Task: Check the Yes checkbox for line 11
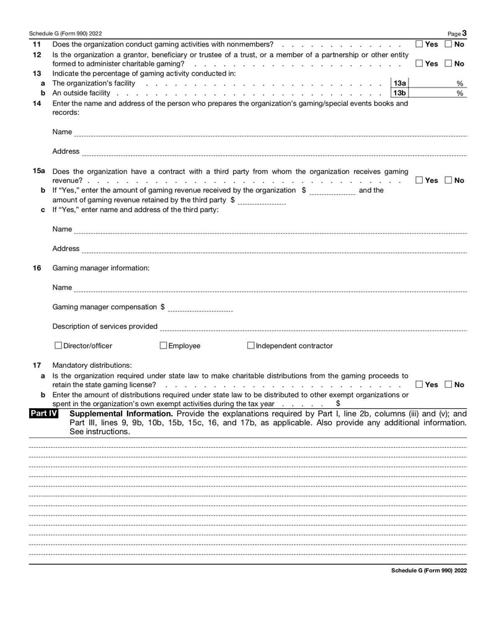point(420,44)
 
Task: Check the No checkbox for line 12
point(449,64)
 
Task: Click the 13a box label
point(400,83)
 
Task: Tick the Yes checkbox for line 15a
point(420,181)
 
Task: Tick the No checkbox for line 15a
point(449,181)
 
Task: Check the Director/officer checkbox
point(58,346)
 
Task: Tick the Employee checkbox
point(164,346)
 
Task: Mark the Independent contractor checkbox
point(251,346)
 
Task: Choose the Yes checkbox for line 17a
point(420,385)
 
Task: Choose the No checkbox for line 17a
point(449,385)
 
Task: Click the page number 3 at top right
point(464,33)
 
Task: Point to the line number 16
point(37,268)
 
